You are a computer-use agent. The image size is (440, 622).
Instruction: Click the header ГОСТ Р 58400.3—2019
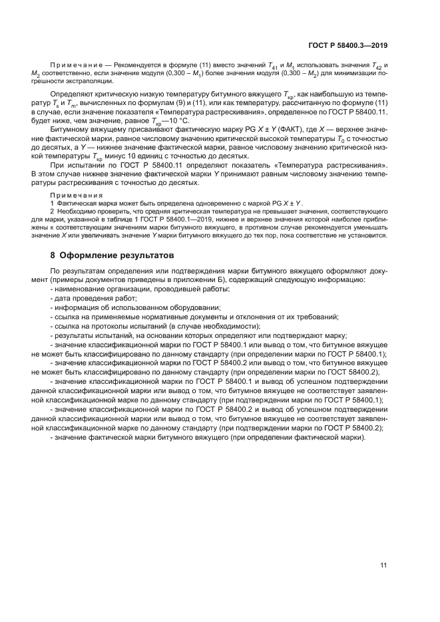click(x=348, y=46)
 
